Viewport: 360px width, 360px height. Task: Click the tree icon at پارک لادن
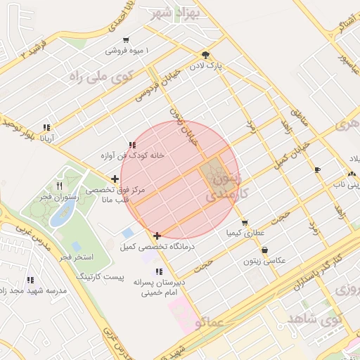click(x=205, y=55)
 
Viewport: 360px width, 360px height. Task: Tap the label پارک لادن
click(x=205, y=67)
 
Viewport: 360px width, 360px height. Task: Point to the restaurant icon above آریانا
click(x=46, y=127)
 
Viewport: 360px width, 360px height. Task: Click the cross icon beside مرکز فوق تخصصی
click(x=115, y=179)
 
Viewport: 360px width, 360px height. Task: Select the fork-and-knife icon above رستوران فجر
click(x=59, y=186)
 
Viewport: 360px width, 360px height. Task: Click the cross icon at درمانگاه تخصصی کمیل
click(x=157, y=236)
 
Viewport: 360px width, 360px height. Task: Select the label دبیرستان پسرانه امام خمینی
click(x=160, y=288)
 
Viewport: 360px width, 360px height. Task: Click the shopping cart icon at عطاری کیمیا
click(x=245, y=222)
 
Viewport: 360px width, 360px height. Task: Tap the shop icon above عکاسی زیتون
click(x=264, y=250)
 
